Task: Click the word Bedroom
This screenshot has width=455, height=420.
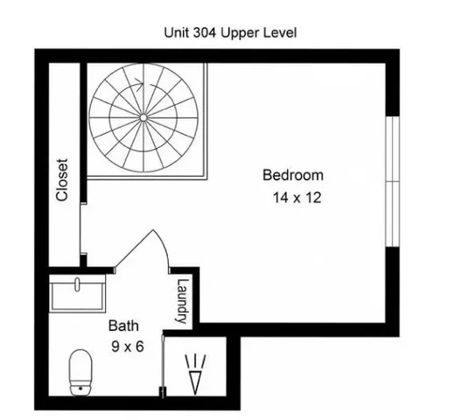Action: point(293,175)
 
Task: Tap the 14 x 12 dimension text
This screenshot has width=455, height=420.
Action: point(297,198)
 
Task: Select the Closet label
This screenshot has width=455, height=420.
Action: point(62,179)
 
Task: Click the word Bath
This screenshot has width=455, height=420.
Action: point(122,325)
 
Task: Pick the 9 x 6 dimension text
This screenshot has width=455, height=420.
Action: point(127,346)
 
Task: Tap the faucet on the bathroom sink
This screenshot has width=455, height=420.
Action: point(79,283)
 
